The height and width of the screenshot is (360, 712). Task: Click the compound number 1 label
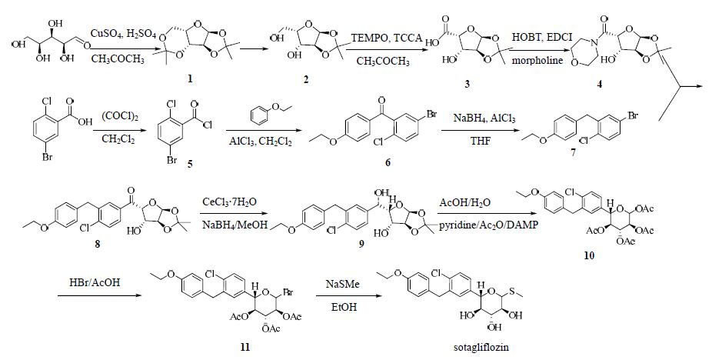190,78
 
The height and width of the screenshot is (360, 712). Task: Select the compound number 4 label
600,85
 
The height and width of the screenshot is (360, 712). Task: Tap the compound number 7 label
574,153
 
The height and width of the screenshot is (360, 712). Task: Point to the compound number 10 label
589,255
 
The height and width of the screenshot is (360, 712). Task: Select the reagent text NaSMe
342,284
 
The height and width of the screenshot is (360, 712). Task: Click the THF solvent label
481,142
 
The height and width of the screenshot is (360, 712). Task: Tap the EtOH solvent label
343,307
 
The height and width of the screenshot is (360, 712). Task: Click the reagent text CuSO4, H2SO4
123,34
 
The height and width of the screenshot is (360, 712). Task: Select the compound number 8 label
97,244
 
